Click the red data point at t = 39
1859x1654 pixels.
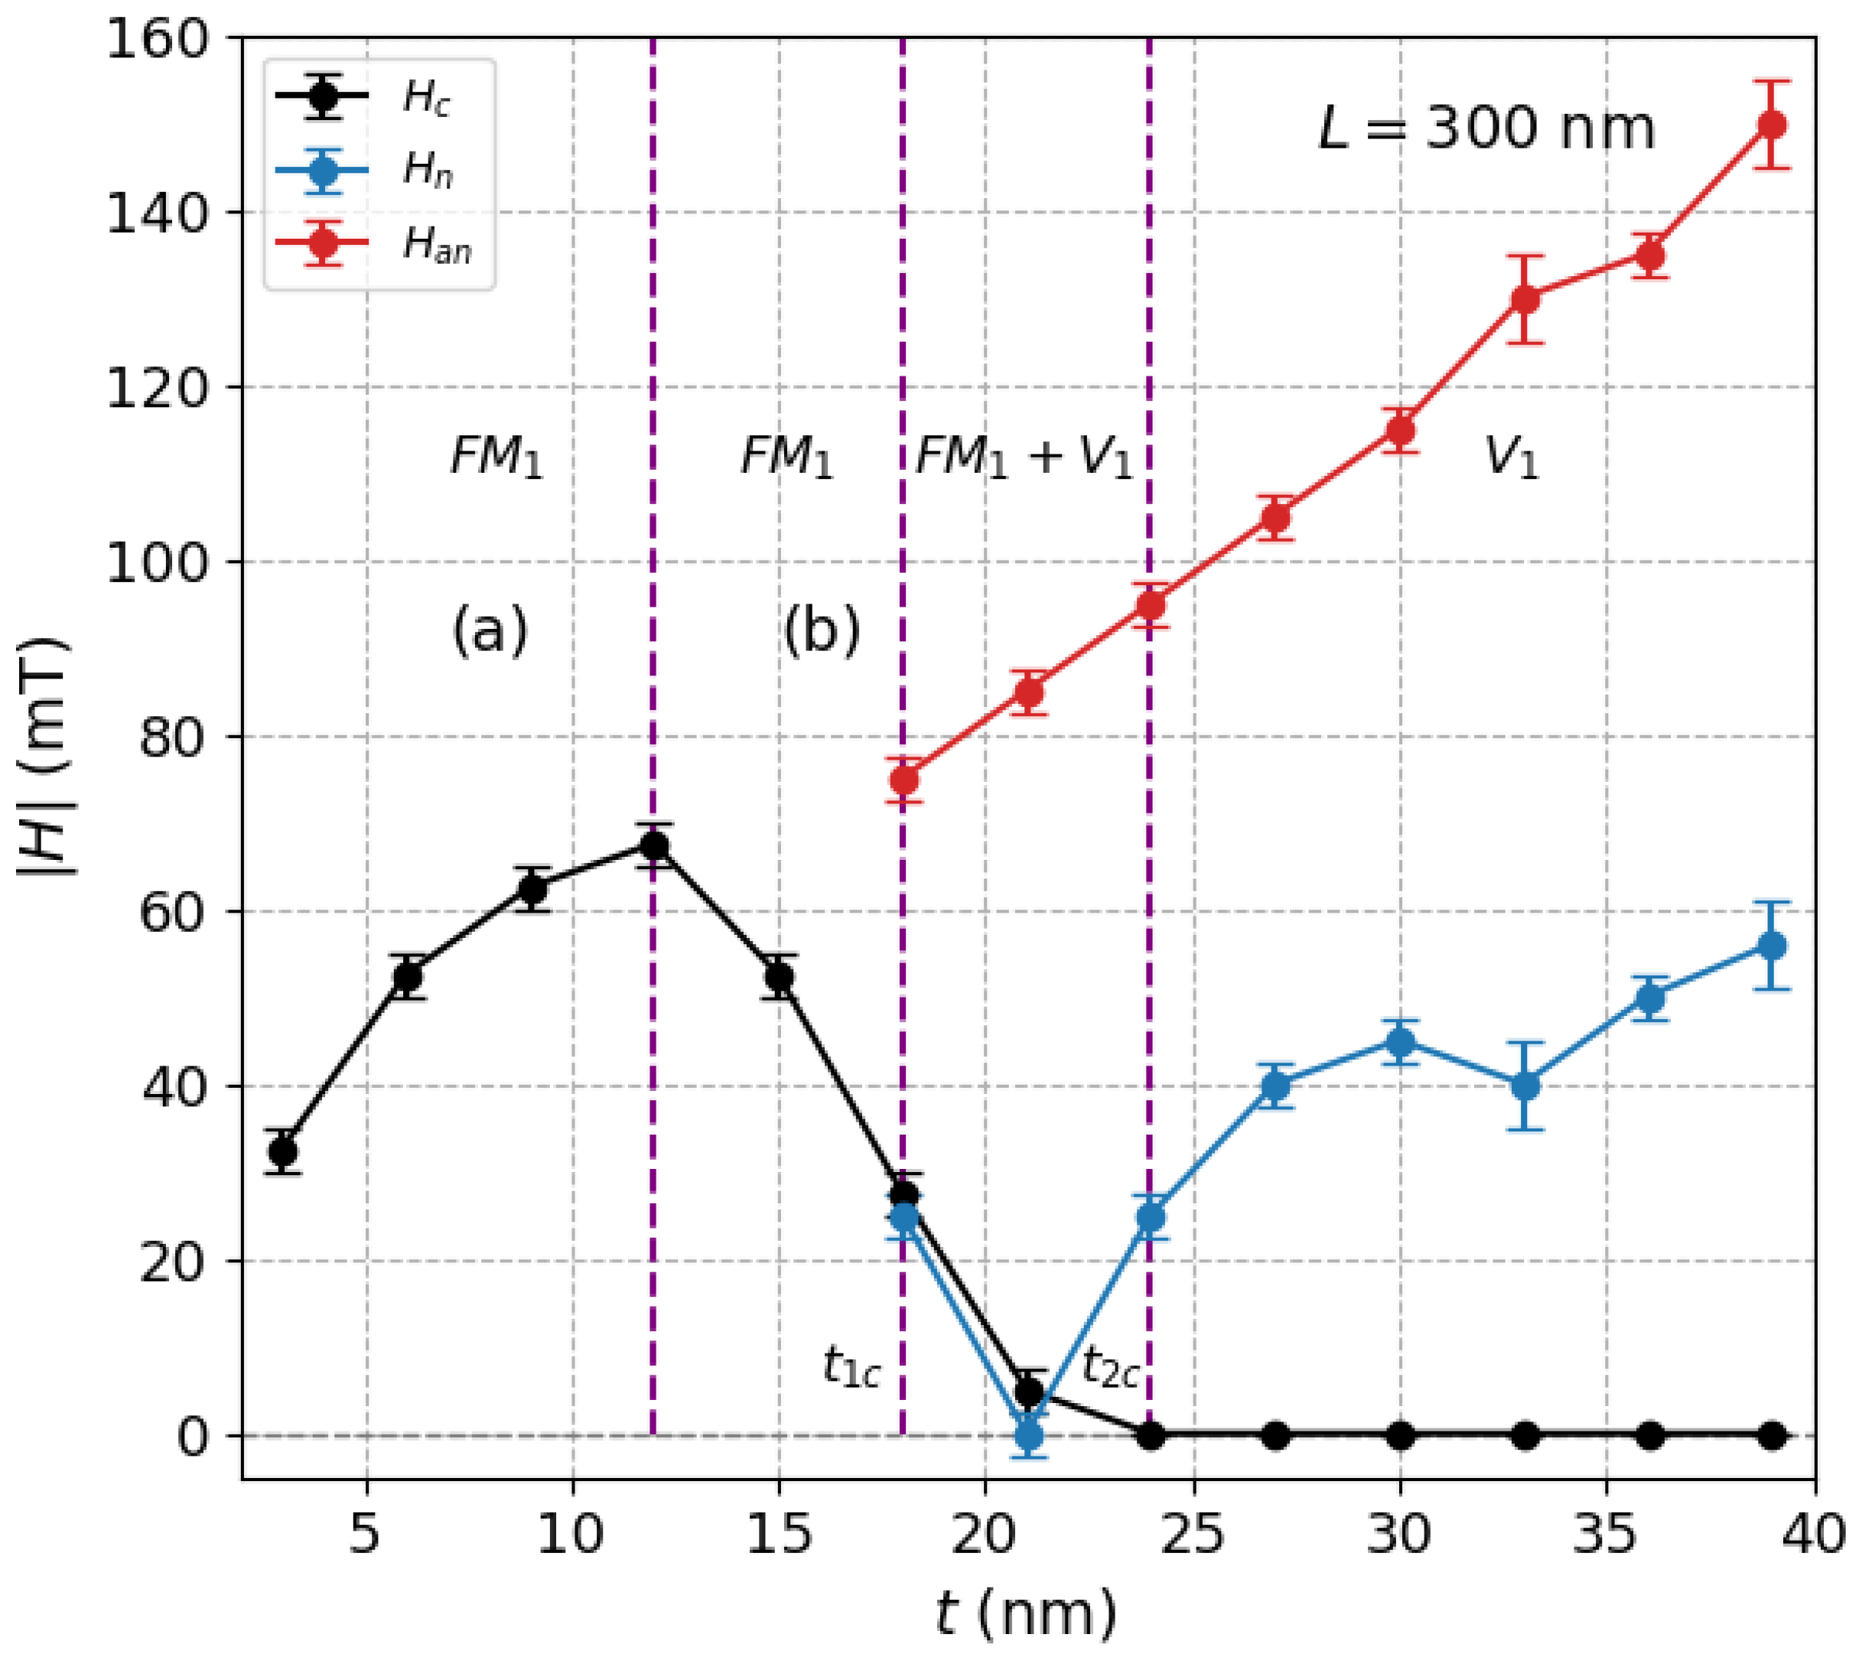coord(1771,125)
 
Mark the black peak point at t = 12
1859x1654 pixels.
coord(654,845)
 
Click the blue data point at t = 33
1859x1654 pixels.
coord(1525,1086)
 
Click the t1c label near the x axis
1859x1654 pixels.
coord(851,1366)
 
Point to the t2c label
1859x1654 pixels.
coord(1109,1366)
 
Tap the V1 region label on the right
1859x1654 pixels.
coord(1511,457)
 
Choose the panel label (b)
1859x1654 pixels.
coord(822,630)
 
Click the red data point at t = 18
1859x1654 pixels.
coord(903,780)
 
